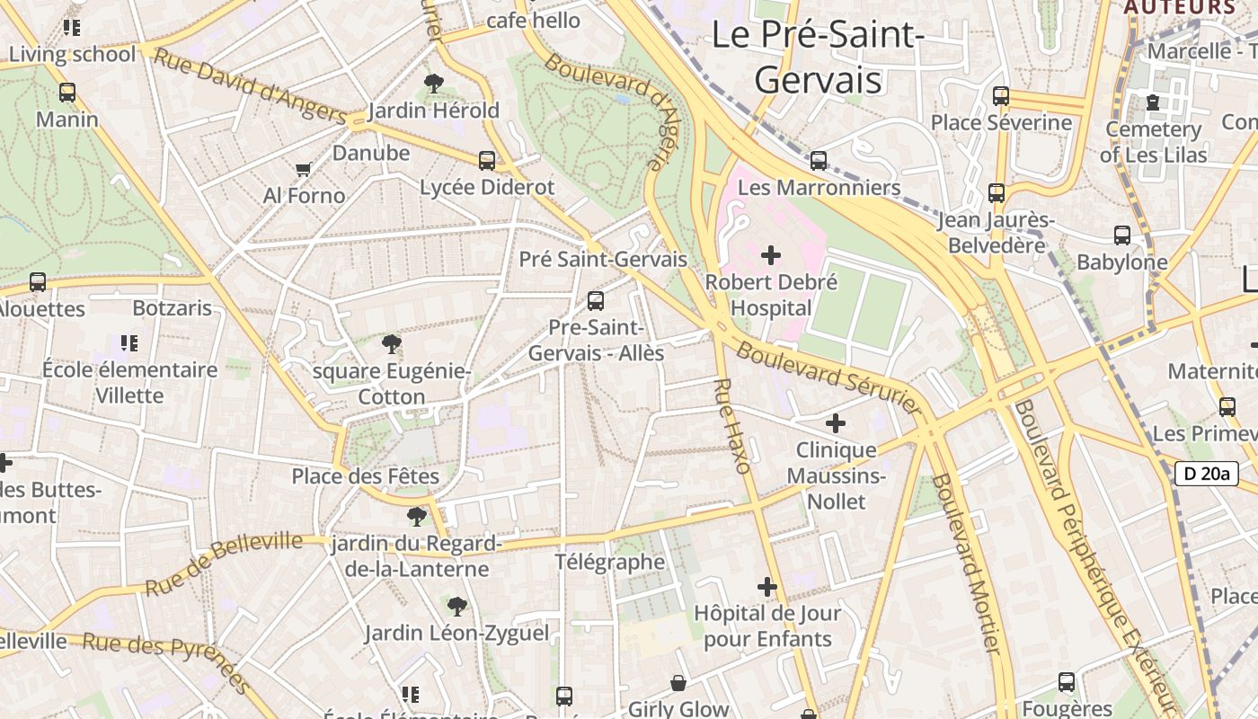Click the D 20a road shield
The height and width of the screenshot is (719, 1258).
tap(1206, 474)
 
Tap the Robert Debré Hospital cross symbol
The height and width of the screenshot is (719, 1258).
tap(771, 255)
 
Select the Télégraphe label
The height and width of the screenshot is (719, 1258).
tap(610, 563)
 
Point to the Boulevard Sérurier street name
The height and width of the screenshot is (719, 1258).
tap(828, 377)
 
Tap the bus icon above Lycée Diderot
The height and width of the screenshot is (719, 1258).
tap(487, 161)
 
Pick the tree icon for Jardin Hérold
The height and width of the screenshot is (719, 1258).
tap(434, 84)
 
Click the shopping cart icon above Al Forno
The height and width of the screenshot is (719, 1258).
tap(304, 169)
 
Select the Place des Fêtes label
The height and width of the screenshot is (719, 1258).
tap(366, 476)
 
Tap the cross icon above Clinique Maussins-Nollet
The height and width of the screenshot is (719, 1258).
tap(836, 422)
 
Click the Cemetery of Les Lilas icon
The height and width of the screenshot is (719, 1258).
tap(1153, 102)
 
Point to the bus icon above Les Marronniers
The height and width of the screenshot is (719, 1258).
tap(819, 161)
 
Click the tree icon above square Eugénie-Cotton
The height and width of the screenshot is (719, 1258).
tap(391, 344)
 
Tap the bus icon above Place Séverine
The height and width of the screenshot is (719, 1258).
tap(1001, 96)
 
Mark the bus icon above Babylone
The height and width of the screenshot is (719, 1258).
tap(1122, 235)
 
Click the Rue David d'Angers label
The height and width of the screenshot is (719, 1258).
tap(250, 86)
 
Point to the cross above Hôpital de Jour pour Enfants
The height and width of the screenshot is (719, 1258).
tap(767, 588)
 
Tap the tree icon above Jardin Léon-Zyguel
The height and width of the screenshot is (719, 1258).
tap(457, 607)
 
